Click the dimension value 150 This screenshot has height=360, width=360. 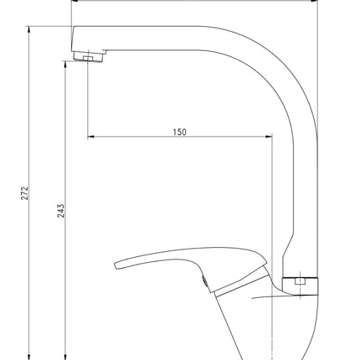pyautogui.click(x=180, y=131)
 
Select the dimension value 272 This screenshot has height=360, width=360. pyautogui.click(x=25, y=193)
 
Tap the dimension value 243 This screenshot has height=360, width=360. pyautogui.click(x=61, y=211)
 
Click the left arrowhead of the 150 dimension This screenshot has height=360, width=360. pyautogui.click(x=91, y=136)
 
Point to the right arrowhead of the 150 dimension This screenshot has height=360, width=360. pyautogui.click(x=269, y=136)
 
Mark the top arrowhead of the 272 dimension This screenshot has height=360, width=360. pyautogui.click(x=29, y=29)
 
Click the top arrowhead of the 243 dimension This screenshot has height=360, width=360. pyautogui.click(x=64, y=64)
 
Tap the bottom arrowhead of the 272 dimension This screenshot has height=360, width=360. pyautogui.click(x=29, y=357)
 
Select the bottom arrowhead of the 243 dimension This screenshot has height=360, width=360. pyautogui.click(x=64, y=357)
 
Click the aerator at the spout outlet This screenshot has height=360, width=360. pyautogui.click(x=88, y=56)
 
